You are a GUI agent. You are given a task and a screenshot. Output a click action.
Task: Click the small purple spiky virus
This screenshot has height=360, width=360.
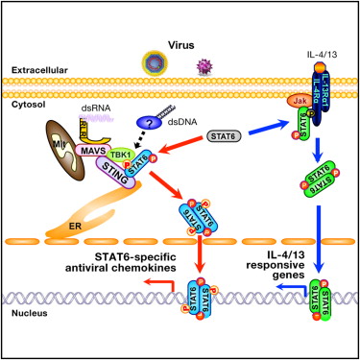[x=204, y=67]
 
